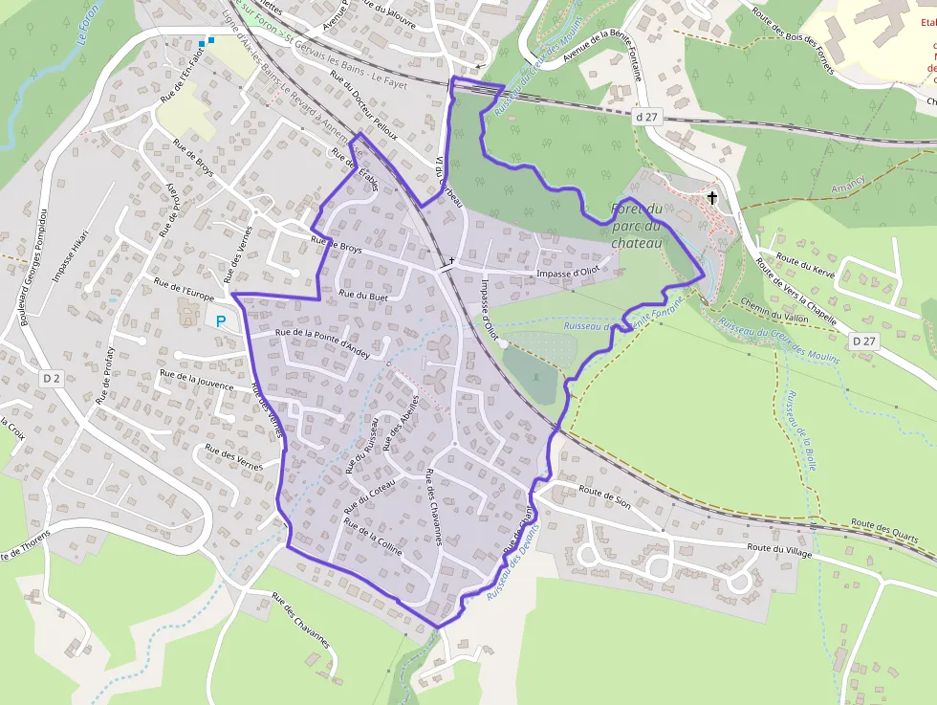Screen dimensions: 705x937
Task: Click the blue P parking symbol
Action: [x=222, y=322]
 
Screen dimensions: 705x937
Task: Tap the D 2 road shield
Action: [x=52, y=378]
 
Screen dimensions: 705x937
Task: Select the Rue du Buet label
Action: [x=363, y=296]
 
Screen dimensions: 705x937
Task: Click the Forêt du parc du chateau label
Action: [x=637, y=226]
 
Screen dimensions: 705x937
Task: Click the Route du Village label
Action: [x=779, y=548]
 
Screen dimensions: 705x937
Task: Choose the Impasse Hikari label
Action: [x=72, y=256]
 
